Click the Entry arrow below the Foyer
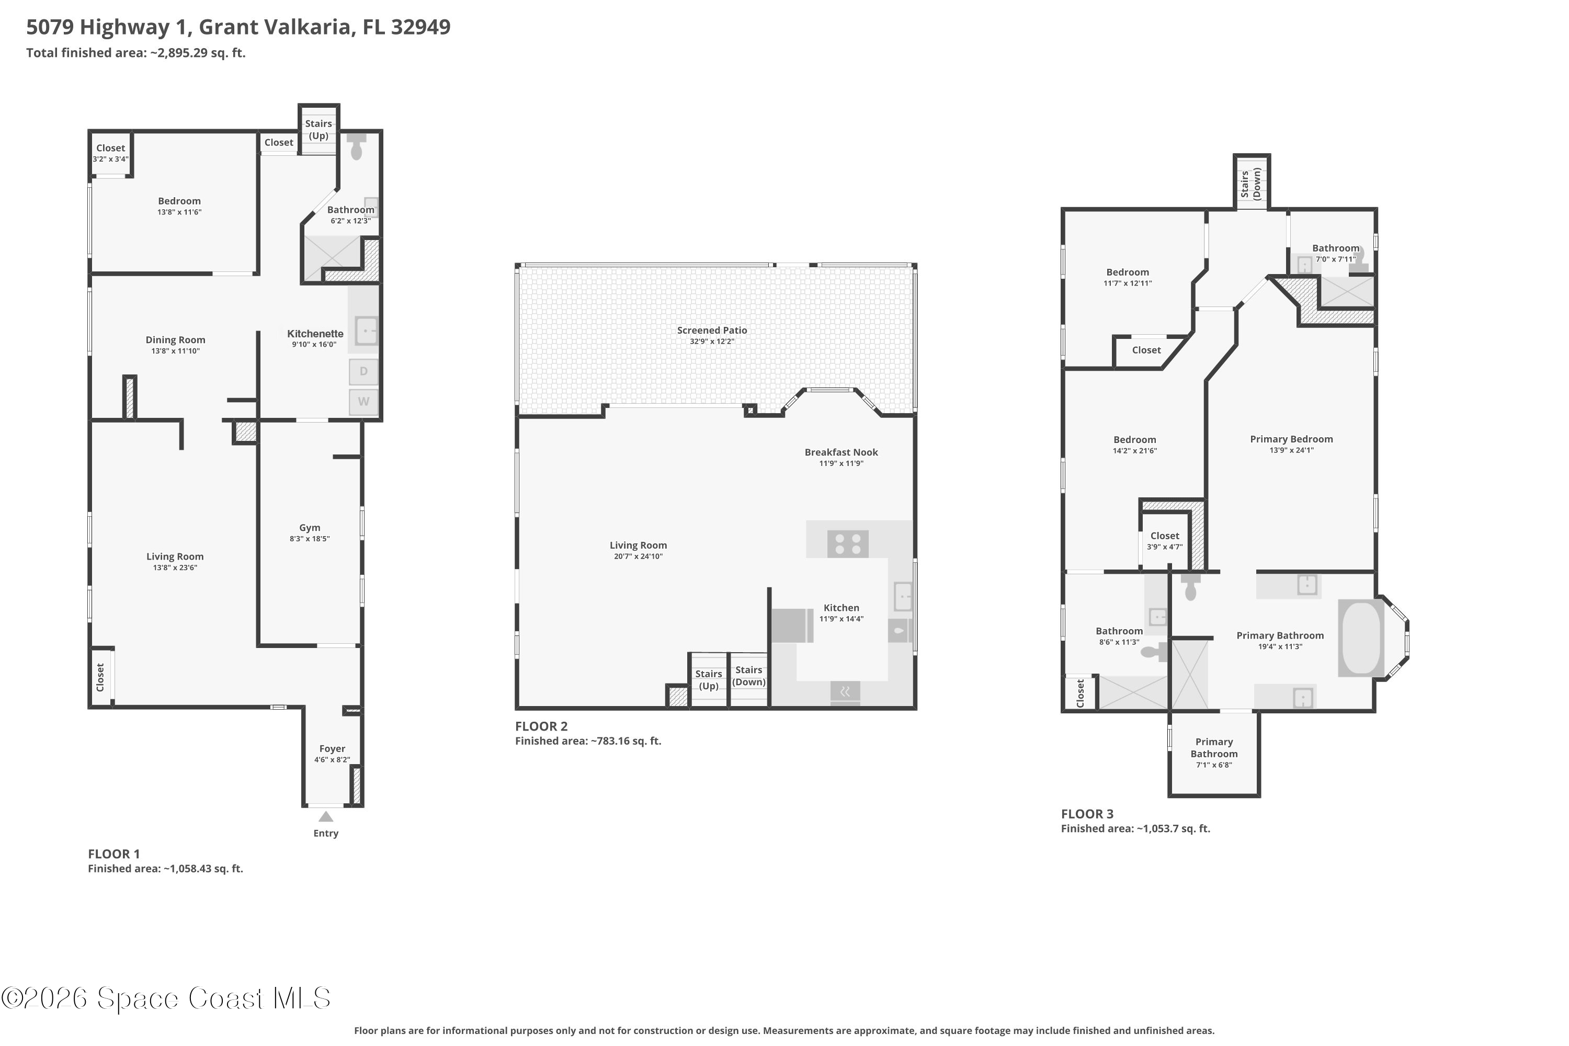[325, 816]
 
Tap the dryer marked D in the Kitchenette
[363, 371]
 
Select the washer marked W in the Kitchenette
[363, 402]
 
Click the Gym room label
[310, 528]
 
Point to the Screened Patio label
[712, 330]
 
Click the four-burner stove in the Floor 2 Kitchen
[848, 544]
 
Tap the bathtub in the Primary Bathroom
[1361, 639]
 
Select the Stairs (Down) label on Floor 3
[1251, 184]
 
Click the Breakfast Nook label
[841, 452]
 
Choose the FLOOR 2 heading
[541, 726]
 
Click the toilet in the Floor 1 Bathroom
[356, 146]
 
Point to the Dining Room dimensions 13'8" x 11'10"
[175, 351]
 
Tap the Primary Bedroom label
[1291, 439]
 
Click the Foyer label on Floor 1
[332, 748]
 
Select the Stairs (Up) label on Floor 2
[709, 680]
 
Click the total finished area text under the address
[136, 53]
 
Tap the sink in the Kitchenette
[366, 330]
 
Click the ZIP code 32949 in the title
[420, 27]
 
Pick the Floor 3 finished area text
[1135, 828]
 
